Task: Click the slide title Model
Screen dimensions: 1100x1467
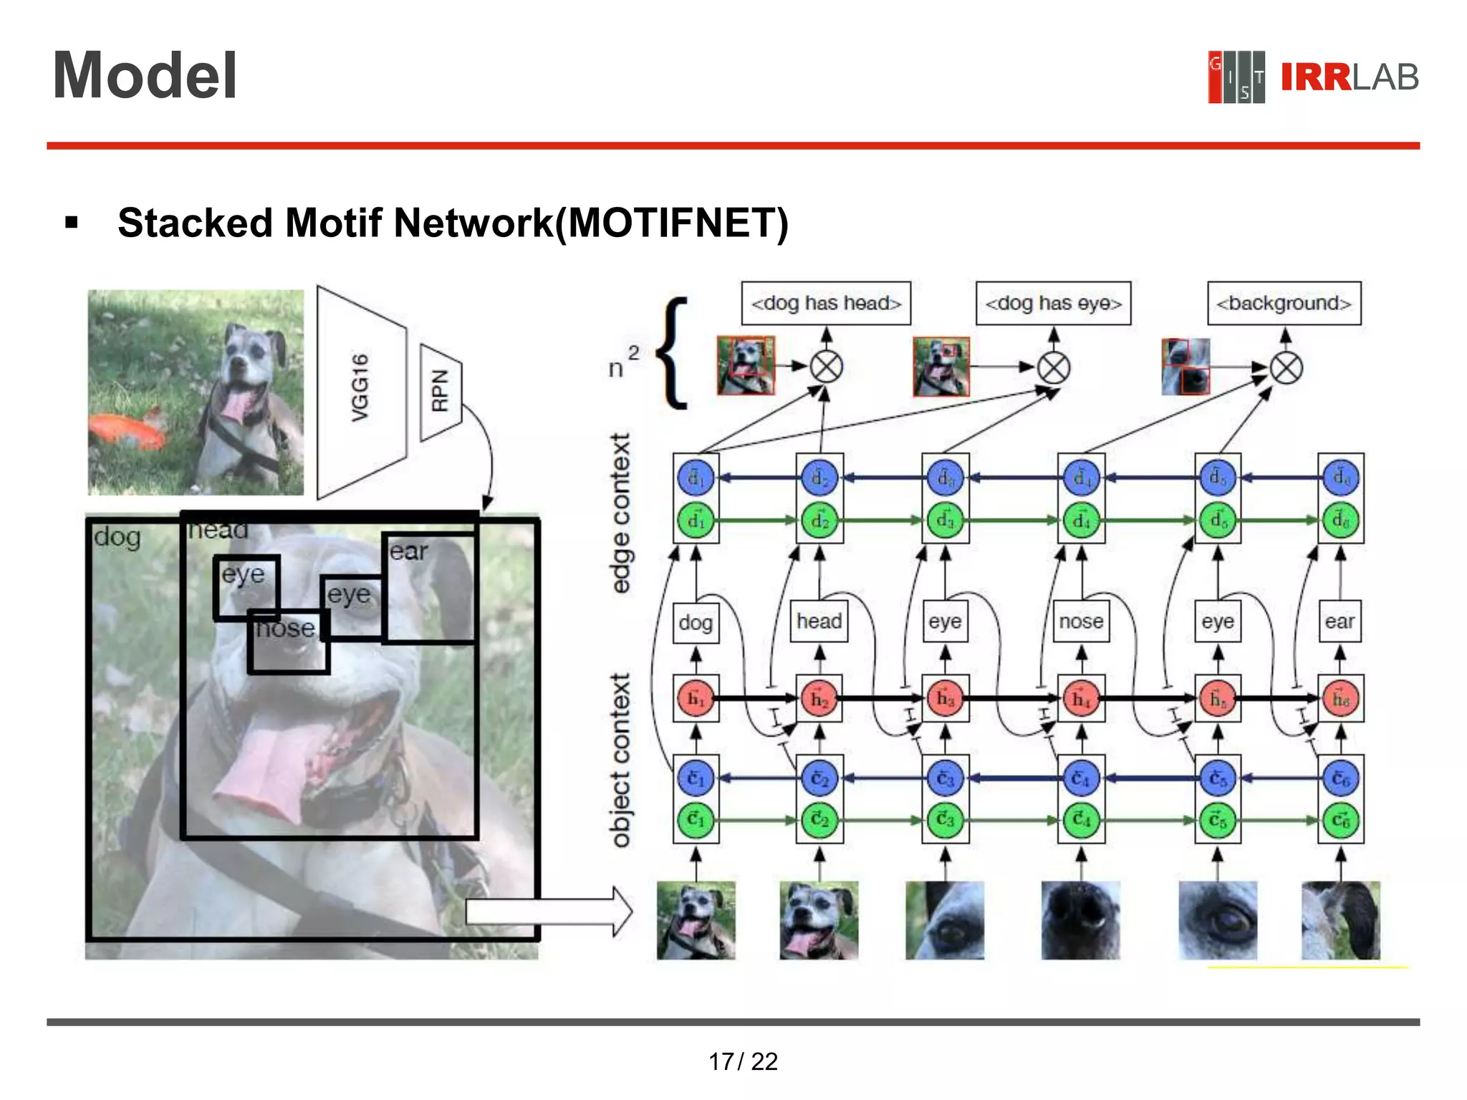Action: point(145,76)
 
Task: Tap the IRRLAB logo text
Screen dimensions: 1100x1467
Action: point(1349,77)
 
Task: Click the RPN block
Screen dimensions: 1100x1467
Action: point(440,392)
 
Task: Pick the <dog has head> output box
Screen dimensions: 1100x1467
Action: point(825,304)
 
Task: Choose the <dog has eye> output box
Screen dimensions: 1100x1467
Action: point(1053,304)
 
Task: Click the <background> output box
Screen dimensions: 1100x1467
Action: point(1284,304)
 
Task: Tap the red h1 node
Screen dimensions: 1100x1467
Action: point(696,698)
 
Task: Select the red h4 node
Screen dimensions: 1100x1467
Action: point(1081,698)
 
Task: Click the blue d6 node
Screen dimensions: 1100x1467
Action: point(1340,477)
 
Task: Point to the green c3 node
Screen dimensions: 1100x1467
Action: point(945,819)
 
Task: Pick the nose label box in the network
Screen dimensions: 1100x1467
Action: point(1081,622)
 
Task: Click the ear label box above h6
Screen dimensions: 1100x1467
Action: point(1339,622)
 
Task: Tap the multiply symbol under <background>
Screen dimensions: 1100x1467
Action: point(1286,369)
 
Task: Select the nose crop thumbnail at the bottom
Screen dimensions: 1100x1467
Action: point(1080,920)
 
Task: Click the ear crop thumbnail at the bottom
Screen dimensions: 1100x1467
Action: point(1340,920)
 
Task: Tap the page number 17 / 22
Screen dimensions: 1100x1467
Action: point(743,1061)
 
